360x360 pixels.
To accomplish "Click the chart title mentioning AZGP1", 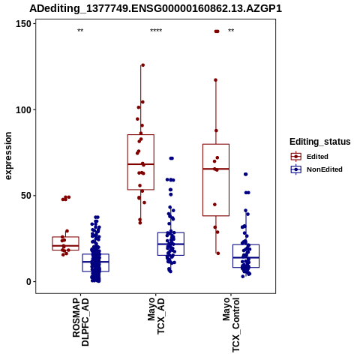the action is coord(155,8).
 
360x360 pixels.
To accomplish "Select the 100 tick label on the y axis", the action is coord(23,110).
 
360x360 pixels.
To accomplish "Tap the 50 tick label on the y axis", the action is coord(26,196).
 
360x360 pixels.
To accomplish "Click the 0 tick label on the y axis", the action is coord(28,282).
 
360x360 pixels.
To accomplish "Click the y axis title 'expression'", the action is coord(8,156).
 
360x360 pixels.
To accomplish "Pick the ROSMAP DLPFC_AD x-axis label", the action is coord(81,322).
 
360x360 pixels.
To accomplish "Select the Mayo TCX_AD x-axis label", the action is coord(156,316).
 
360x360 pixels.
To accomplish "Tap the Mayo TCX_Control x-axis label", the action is coord(231,325).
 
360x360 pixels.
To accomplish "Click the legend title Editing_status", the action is coord(320,142).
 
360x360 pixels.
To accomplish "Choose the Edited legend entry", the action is coord(309,157).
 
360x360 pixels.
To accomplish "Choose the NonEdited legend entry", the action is coord(316,169).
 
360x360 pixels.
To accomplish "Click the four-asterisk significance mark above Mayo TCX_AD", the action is coord(156,31).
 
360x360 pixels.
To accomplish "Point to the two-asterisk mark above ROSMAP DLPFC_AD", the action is coord(80,31).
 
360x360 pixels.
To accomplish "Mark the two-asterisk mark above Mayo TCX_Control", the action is coord(231,31).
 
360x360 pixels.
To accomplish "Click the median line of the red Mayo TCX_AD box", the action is coord(141,164).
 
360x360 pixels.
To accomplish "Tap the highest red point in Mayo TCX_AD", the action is coord(143,65).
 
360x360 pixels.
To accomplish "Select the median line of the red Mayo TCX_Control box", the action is coord(216,169).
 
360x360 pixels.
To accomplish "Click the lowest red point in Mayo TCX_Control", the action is coord(218,253).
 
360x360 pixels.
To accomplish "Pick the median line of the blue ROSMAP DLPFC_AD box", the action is coord(96,262).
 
